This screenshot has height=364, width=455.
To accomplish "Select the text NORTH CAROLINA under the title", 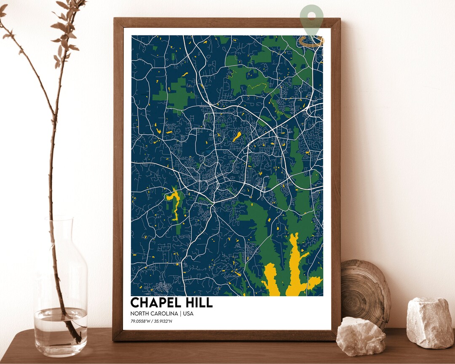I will click(153, 313).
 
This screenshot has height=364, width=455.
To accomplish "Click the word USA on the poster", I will click(188, 313).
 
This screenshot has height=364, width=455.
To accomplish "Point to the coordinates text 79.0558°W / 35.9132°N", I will click(152, 322).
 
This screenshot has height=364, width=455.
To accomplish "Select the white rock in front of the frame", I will click(361, 336).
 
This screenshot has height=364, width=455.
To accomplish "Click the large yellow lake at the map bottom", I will click(295, 270).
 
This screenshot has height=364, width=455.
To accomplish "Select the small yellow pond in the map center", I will click(237, 136).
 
